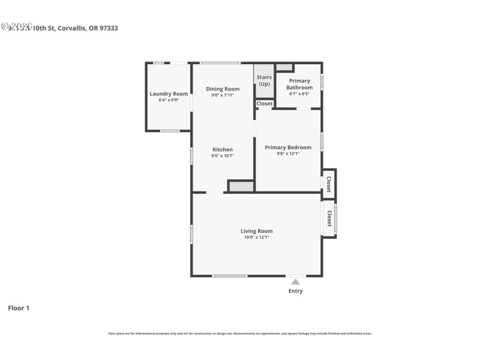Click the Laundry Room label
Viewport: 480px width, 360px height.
(169, 94)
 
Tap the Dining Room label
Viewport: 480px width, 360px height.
(223, 89)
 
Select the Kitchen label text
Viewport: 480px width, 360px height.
(223, 149)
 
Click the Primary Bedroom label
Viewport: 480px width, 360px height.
(288, 147)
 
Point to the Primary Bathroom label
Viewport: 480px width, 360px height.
(299, 84)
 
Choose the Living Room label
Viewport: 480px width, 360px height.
(256, 231)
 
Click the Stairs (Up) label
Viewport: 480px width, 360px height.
(264, 80)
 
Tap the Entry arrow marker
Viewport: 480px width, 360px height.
(295, 281)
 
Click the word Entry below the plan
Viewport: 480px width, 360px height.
(295, 291)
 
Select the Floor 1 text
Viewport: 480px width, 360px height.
(19, 308)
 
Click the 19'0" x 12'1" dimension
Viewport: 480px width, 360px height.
(256, 238)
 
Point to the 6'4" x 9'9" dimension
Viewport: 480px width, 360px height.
(169, 100)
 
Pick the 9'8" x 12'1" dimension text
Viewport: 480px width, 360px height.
(288, 154)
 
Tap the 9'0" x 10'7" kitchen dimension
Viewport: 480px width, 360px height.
(223, 156)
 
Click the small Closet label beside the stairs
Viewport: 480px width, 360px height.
(265, 104)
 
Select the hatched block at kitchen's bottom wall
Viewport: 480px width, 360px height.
(241, 187)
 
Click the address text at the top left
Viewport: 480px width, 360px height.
(60, 28)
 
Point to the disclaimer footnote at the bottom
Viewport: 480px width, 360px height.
(240, 333)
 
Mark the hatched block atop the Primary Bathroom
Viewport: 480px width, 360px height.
(284, 67)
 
